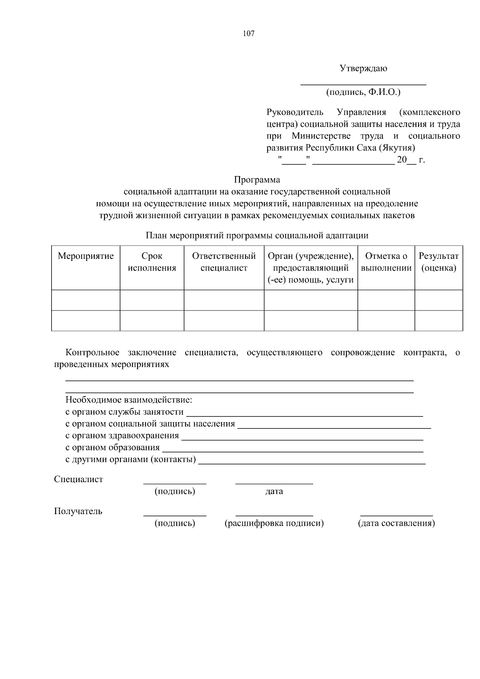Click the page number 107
tap(248, 34)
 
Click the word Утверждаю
tap(363, 68)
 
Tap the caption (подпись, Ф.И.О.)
tap(363, 92)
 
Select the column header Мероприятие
tap(86, 256)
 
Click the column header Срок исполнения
tap(152, 262)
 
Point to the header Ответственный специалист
tap(224, 262)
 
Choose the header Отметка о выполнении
tap(386, 262)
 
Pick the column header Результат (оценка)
tap(438, 262)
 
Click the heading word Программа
tap(257, 180)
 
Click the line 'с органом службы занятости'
tap(124, 412)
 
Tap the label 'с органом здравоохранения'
tap(122, 436)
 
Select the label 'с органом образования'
tap(112, 448)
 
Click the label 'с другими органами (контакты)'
tap(130, 460)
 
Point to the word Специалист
tap(78, 479)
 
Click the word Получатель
tap(78, 511)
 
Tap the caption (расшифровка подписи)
tap(274, 523)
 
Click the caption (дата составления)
tap(396, 523)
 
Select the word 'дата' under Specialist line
tap(274, 491)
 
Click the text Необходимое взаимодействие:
tap(129, 400)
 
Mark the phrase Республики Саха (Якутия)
tap(360, 148)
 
